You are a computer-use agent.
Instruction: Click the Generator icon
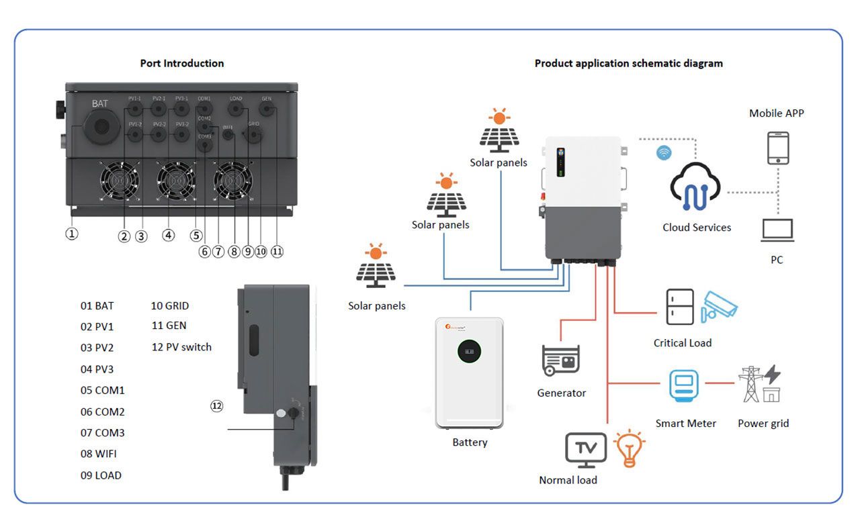(x=561, y=360)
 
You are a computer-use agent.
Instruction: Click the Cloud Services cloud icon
(x=695, y=187)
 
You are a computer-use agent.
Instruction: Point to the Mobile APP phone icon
(x=778, y=148)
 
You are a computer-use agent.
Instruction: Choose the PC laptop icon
(x=777, y=230)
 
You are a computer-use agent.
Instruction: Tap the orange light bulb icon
(x=630, y=448)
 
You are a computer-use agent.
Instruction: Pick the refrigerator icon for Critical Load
(x=679, y=307)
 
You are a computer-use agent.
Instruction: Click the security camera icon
(x=720, y=306)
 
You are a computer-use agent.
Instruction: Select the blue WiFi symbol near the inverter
(x=664, y=152)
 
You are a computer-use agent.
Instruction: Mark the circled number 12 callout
(x=216, y=406)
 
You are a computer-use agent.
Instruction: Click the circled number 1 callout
(x=72, y=234)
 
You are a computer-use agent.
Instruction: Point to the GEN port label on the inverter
(x=266, y=99)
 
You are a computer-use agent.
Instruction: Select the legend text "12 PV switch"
(x=181, y=347)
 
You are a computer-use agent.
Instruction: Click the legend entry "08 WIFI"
(x=99, y=454)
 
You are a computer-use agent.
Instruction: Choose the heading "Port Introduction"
(x=181, y=63)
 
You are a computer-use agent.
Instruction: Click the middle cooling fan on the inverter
(x=176, y=182)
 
